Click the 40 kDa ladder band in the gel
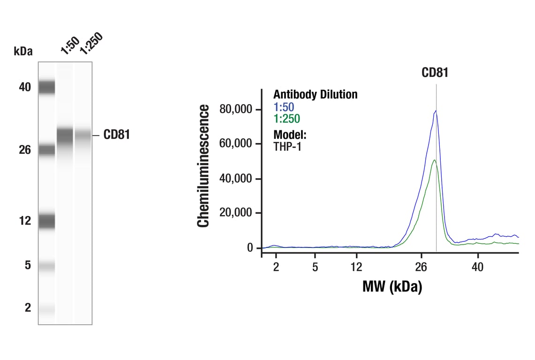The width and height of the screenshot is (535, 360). click(46, 87)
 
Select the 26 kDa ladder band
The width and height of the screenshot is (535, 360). click(46, 150)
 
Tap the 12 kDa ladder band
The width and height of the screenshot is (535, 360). click(46, 221)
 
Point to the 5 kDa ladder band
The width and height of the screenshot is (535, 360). click(46, 266)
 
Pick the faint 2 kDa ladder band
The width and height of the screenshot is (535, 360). click(46, 308)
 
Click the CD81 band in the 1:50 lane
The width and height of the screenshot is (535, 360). click(65, 135)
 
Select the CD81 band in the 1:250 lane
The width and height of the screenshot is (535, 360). click(83, 135)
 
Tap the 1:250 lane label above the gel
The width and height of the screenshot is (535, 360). click(90, 44)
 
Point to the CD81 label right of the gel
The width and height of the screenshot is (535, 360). click(116, 135)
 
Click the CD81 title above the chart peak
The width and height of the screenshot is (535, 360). click(435, 73)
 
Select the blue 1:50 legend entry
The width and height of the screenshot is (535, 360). click(284, 107)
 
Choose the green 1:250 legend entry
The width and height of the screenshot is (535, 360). click(286, 119)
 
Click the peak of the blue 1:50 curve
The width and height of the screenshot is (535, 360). click(436, 111)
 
